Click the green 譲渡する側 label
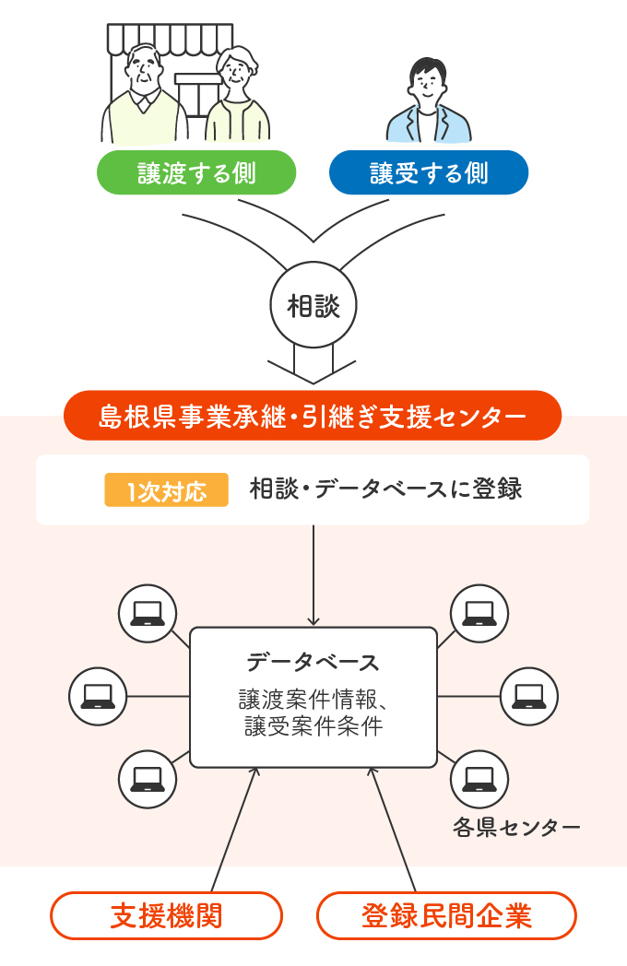(x=196, y=172)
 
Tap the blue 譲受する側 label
(x=429, y=172)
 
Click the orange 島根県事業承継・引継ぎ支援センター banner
(x=313, y=416)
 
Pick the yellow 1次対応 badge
(x=166, y=489)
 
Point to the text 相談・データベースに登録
(x=385, y=489)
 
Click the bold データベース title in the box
(x=313, y=662)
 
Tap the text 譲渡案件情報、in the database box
(x=313, y=700)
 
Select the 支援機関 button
(x=166, y=915)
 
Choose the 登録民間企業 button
(x=446, y=915)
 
